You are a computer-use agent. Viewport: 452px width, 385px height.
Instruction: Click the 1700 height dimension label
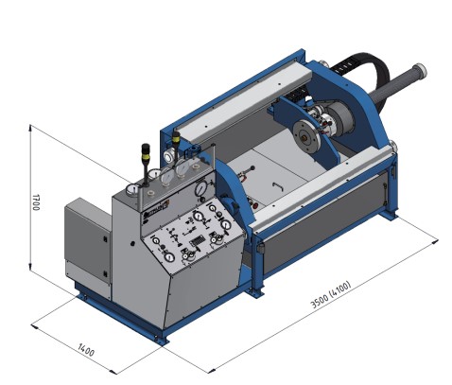pyautogui.click(x=36, y=202)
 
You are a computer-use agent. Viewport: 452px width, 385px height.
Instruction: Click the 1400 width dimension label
pyautogui.click(x=86, y=350)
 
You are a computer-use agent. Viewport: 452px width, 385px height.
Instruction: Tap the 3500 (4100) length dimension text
pyautogui.click(x=331, y=294)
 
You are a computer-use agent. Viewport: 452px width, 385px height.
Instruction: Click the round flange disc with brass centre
pyautogui.click(x=306, y=136)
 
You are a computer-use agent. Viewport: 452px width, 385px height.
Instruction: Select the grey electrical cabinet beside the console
pyautogui.click(x=88, y=245)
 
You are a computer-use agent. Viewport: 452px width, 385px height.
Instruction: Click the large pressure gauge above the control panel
pyautogui.click(x=200, y=188)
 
